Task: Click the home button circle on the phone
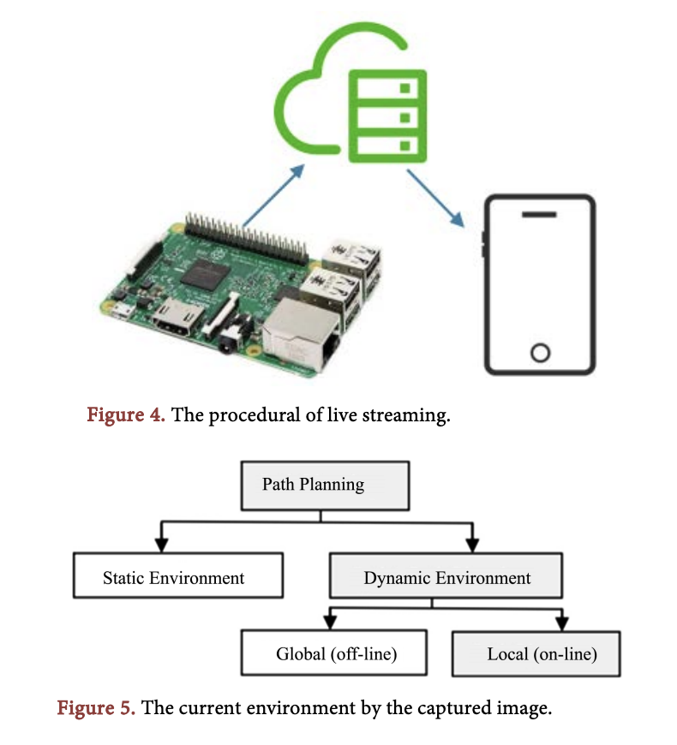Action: pos(539,352)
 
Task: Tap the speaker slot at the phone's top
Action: pos(539,213)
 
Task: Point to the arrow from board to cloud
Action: pos(273,195)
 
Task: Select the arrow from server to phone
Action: pos(436,198)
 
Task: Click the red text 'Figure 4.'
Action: pos(126,416)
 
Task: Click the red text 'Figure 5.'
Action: pos(95,709)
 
